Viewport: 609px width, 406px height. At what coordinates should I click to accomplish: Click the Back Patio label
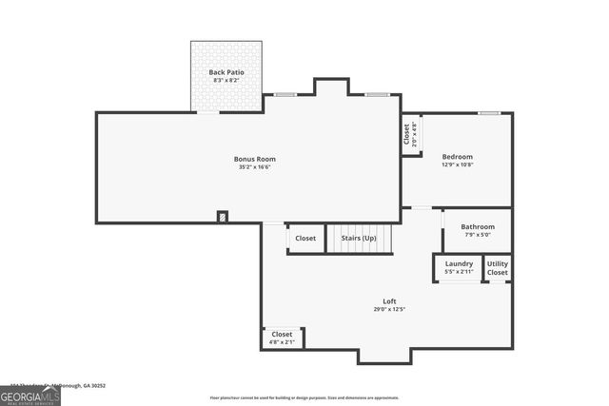(226, 72)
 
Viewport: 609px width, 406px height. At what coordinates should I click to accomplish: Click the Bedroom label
(457, 156)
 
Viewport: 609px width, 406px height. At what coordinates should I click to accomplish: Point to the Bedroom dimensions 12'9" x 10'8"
(457, 164)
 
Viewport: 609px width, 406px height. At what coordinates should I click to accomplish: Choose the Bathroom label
(478, 226)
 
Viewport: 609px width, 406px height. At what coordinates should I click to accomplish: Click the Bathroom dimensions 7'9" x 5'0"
(478, 235)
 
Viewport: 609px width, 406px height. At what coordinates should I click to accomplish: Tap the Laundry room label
(459, 263)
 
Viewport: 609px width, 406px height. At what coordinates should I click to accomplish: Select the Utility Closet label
(498, 268)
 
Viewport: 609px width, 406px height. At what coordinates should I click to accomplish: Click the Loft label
(389, 301)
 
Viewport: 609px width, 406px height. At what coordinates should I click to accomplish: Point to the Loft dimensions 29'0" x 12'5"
(389, 310)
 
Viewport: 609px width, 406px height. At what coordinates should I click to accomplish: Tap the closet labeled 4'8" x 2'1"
(283, 338)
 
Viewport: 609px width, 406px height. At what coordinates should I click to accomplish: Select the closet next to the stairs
(305, 238)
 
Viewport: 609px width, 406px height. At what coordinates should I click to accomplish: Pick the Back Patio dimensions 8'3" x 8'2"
(226, 81)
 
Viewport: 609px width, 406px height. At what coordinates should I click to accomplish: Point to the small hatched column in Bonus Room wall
(223, 217)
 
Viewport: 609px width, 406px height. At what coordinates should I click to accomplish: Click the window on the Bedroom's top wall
(489, 113)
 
